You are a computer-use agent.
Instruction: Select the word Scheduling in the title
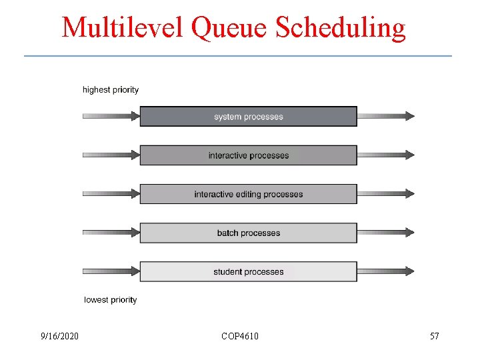click(x=341, y=27)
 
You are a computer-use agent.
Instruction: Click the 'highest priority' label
click(x=111, y=90)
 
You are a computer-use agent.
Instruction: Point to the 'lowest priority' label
click(x=111, y=300)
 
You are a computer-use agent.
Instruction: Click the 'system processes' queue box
click(x=248, y=117)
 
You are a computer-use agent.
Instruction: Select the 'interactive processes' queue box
click(x=248, y=155)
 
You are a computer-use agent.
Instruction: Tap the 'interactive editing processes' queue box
click(x=248, y=194)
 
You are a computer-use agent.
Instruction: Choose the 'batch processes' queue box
click(x=248, y=233)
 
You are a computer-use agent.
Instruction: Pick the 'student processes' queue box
click(x=248, y=271)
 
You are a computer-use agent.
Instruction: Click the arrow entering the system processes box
click(x=111, y=116)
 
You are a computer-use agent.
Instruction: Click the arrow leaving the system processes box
click(x=385, y=116)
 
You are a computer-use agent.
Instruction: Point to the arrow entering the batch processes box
click(x=111, y=232)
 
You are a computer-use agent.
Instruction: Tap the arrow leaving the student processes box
click(x=385, y=271)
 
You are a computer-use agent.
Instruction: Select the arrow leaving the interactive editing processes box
click(x=385, y=193)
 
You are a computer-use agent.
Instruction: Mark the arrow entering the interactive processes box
click(x=111, y=155)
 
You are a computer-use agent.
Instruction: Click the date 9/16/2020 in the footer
click(x=59, y=336)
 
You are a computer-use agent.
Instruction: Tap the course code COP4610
click(x=240, y=336)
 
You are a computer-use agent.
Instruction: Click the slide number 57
click(x=435, y=336)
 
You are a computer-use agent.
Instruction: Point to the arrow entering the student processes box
click(x=111, y=271)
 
